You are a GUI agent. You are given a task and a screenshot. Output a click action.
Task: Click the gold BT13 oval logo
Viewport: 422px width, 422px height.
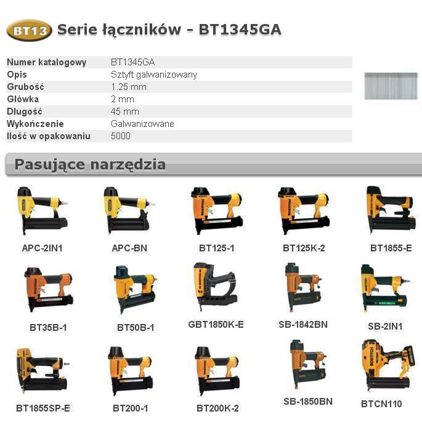pyautogui.click(x=29, y=30)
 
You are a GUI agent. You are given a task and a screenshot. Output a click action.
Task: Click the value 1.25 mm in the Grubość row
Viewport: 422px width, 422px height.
pyautogui.click(x=129, y=87)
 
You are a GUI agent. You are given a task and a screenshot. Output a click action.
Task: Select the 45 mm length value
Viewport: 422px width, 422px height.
pyautogui.click(x=125, y=112)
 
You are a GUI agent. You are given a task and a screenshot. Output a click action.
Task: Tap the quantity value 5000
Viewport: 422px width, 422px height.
pyautogui.click(x=121, y=136)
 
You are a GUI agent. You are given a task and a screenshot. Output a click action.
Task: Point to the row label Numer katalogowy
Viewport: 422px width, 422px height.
pyautogui.click(x=47, y=62)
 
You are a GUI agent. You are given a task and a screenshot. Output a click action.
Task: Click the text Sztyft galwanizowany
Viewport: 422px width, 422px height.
pyautogui.click(x=154, y=75)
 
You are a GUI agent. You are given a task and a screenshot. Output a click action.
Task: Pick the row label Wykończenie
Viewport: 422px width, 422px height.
pyautogui.click(x=35, y=124)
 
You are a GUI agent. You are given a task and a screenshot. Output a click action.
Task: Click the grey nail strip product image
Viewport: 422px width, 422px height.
pyautogui.click(x=391, y=86)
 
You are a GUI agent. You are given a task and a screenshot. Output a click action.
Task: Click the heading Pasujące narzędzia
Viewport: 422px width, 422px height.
pyautogui.click(x=90, y=164)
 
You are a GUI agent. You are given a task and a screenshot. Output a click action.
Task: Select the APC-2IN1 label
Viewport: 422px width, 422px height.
pyautogui.click(x=43, y=248)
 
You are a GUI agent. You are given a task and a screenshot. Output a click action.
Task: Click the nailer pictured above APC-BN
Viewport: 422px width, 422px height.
pyautogui.click(x=129, y=211)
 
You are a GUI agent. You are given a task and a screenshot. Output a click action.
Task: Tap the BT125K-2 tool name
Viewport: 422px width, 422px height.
pyautogui.click(x=304, y=248)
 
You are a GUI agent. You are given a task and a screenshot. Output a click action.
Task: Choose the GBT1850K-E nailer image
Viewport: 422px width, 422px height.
pyautogui.click(x=215, y=287)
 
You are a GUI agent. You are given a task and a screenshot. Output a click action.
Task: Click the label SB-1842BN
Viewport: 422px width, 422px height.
pyautogui.click(x=303, y=325)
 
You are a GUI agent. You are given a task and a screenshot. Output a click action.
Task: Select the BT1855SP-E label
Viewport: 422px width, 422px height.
pyautogui.click(x=43, y=408)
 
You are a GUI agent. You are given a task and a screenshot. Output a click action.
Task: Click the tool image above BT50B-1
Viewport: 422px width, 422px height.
pyautogui.click(x=136, y=290)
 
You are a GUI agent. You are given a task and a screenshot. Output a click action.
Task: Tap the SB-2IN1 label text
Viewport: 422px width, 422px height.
pyautogui.click(x=385, y=327)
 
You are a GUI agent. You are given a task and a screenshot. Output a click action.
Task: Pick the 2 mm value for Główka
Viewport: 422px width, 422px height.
pyautogui.click(x=123, y=99)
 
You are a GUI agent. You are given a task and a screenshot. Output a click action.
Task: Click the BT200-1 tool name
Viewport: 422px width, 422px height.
pyautogui.click(x=131, y=408)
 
